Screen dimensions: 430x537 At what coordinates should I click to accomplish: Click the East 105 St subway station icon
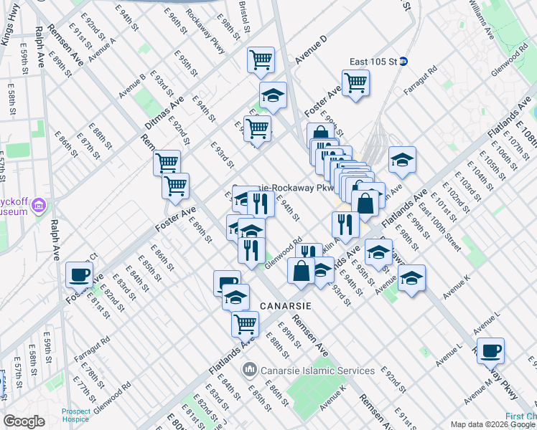click(404, 62)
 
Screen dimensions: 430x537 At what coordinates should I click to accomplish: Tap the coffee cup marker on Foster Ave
click(79, 274)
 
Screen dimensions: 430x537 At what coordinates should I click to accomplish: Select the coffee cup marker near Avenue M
click(490, 350)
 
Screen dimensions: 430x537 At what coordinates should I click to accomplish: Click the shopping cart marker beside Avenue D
click(261, 59)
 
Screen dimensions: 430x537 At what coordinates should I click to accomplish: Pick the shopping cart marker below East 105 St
click(355, 82)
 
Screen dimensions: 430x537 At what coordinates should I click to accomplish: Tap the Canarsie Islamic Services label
click(317, 371)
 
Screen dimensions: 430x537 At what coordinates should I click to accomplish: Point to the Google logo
click(24, 421)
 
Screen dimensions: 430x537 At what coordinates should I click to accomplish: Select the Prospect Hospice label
click(76, 416)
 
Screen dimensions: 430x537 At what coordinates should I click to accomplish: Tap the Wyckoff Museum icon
click(38, 207)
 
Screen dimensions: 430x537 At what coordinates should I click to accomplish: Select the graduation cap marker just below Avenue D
click(273, 95)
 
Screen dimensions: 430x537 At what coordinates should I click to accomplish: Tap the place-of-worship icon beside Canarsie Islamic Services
click(250, 371)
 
